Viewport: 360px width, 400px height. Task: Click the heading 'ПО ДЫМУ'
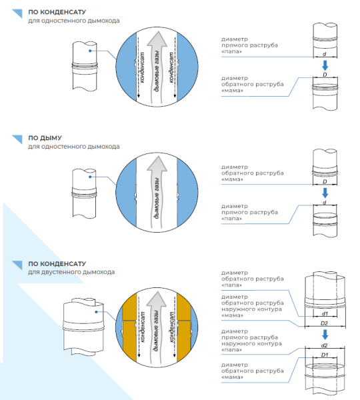click(x=45, y=138)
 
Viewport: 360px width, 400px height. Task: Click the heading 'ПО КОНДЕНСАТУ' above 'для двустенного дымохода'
click(x=57, y=264)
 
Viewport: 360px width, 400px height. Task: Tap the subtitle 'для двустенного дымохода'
click(x=71, y=272)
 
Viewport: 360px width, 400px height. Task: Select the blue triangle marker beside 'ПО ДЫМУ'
click(x=17, y=139)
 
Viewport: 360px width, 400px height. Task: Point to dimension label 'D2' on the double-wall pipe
click(x=324, y=323)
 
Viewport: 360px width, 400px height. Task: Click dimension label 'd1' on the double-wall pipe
click(x=325, y=314)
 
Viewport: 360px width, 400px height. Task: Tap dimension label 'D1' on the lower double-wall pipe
click(x=325, y=355)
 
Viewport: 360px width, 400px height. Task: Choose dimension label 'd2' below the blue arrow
click(x=324, y=345)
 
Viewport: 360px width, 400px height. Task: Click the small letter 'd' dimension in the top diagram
click(x=325, y=54)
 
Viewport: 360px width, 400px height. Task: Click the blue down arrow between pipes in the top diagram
click(x=325, y=65)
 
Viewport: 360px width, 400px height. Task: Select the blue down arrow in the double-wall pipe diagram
click(x=325, y=335)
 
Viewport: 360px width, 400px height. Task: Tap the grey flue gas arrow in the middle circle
click(x=157, y=191)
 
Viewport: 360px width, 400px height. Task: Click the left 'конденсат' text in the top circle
click(x=142, y=67)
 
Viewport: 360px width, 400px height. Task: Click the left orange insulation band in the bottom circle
click(x=129, y=328)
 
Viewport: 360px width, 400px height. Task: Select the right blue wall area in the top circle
click(x=187, y=67)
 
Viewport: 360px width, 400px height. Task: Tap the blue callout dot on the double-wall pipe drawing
click(x=96, y=312)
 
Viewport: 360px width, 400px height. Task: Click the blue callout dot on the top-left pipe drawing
click(x=90, y=51)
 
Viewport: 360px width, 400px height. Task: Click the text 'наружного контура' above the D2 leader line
click(x=251, y=309)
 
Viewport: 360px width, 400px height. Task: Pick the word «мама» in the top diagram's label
click(x=232, y=91)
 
